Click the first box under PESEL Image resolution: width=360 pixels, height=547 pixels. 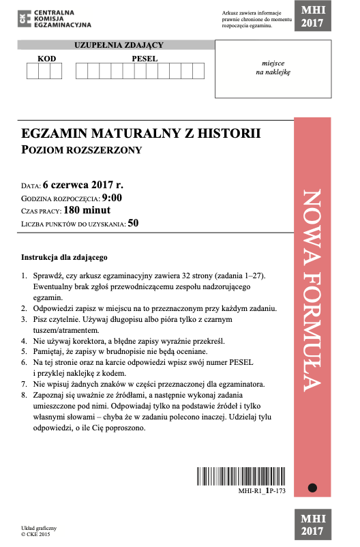click(x=82, y=71)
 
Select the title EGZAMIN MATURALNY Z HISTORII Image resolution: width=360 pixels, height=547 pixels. click(x=141, y=134)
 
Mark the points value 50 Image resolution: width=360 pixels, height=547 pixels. click(x=133, y=223)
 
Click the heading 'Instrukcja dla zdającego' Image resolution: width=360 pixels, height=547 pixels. click(x=65, y=258)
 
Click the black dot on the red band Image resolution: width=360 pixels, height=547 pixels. click(x=312, y=488)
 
